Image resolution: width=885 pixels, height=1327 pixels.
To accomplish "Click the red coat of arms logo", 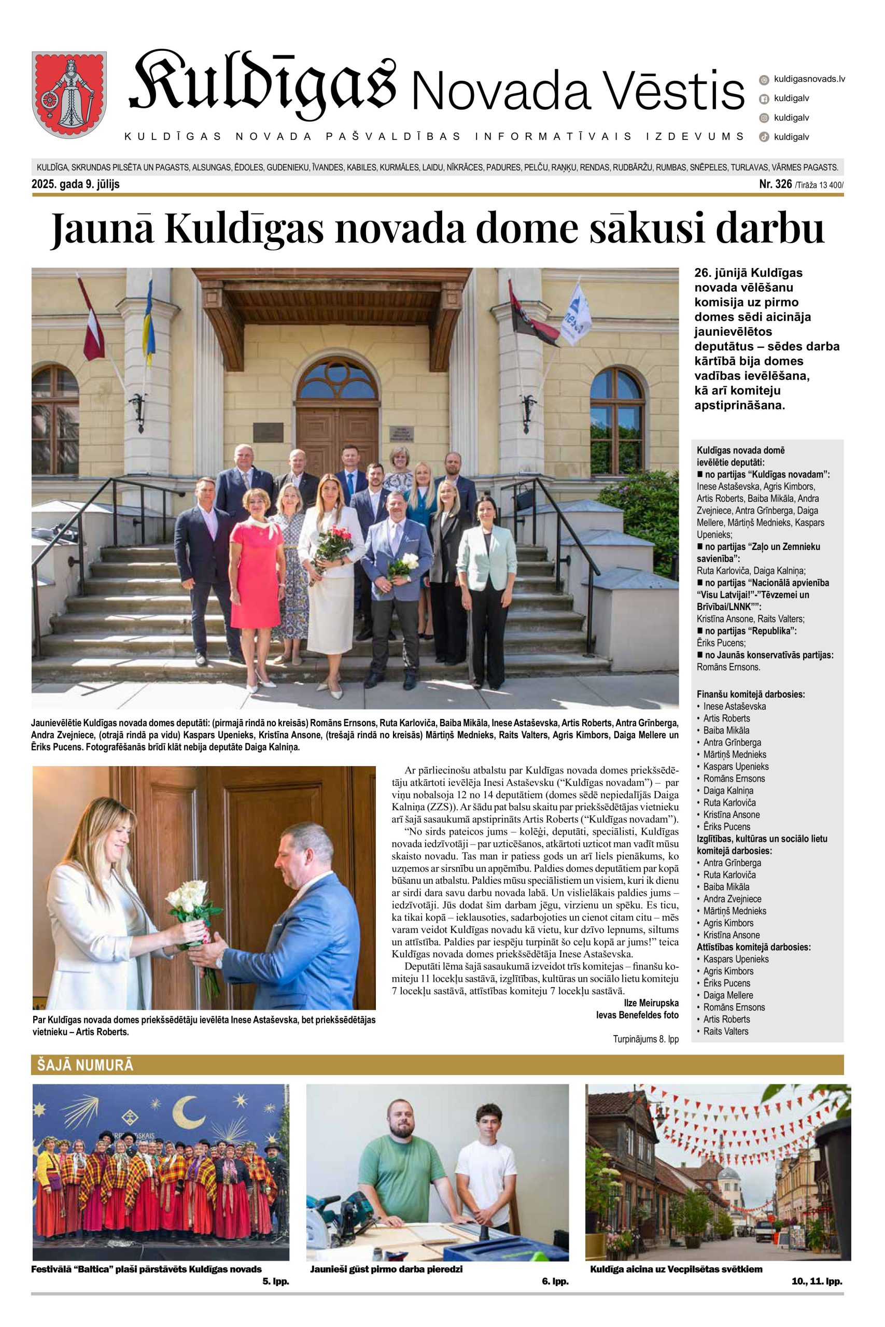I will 69,93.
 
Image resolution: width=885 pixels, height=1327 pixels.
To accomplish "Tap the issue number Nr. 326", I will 776,184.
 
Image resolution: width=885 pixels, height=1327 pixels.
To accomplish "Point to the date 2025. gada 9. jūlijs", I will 76,185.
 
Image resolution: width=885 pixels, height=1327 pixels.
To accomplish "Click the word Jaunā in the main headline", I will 102,230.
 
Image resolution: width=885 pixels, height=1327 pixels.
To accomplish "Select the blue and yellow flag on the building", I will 148,316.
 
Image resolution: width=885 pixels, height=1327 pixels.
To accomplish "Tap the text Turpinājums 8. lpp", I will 645,1039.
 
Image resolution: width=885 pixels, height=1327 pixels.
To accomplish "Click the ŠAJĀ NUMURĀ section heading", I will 85,1065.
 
